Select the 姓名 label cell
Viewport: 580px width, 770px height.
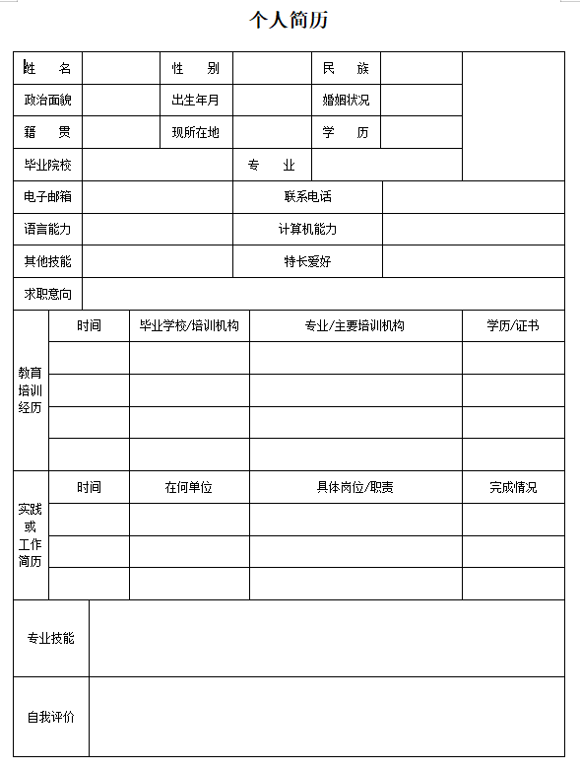pyautogui.click(x=47, y=68)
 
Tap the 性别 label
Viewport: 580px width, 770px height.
pyautogui.click(x=196, y=68)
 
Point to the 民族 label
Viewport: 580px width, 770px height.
pyautogui.click(x=346, y=68)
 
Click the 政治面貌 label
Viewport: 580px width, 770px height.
pyautogui.click(x=47, y=101)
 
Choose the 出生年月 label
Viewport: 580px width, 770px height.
pyautogui.click(x=196, y=101)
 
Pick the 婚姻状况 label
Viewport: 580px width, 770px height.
pyautogui.click(x=346, y=101)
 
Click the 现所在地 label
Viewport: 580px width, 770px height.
pyautogui.click(x=196, y=132)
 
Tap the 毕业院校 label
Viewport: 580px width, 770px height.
pyautogui.click(x=47, y=165)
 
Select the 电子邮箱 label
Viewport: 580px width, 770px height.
pyautogui.click(x=47, y=197)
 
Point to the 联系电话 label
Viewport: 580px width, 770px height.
pyautogui.click(x=307, y=197)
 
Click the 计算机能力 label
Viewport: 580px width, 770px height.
pyautogui.click(x=307, y=230)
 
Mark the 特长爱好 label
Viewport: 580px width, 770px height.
pyautogui.click(x=307, y=261)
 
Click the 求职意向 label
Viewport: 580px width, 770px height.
pyautogui.click(x=47, y=294)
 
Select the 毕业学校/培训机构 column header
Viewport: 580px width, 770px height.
pyautogui.click(x=189, y=325)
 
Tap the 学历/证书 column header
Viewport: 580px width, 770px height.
pyautogui.click(x=513, y=325)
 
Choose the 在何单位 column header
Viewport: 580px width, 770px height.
pyautogui.click(x=189, y=487)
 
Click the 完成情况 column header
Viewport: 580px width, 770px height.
pyautogui.click(x=513, y=487)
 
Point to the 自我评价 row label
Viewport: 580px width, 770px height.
pyautogui.click(x=50, y=717)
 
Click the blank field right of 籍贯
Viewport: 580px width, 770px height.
pyautogui.click(x=120, y=132)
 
